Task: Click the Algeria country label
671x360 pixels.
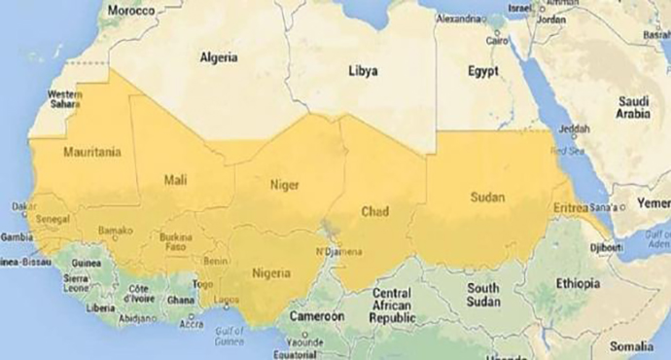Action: [219, 58]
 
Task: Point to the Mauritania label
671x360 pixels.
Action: [91, 153]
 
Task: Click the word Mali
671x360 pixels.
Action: [177, 179]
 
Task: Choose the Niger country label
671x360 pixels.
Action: [284, 184]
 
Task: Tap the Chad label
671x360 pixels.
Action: [374, 210]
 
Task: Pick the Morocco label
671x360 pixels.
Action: [132, 11]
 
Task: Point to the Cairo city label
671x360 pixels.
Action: [498, 41]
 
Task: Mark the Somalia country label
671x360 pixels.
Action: [632, 345]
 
